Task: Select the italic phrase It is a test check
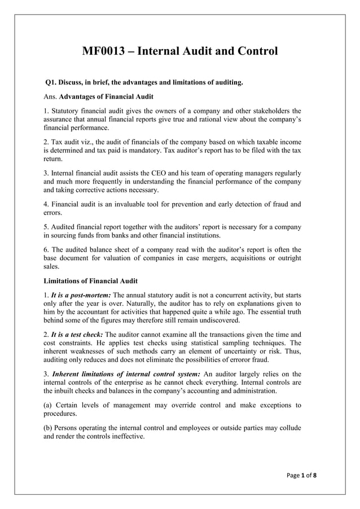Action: [x=78, y=335]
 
